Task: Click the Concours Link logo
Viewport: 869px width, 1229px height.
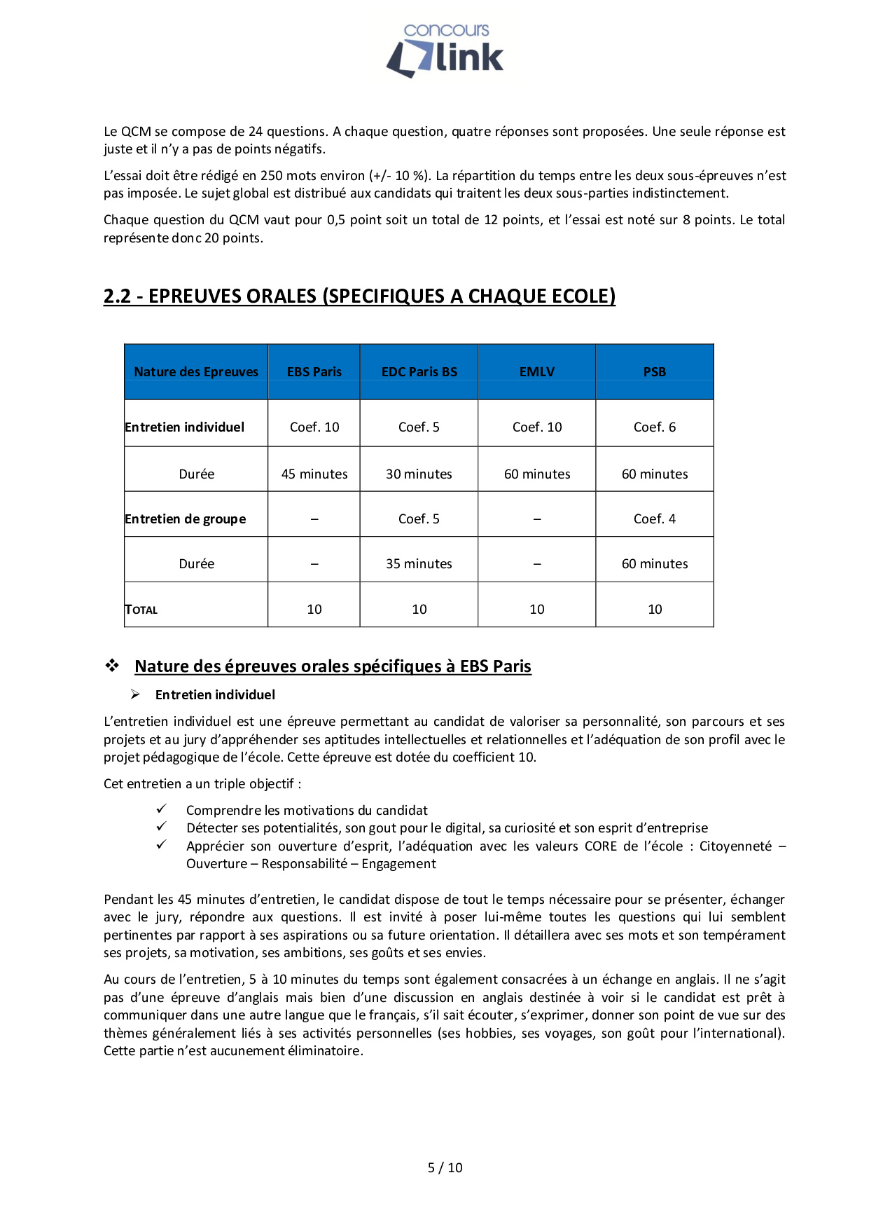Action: pyautogui.click(x=445, y=50)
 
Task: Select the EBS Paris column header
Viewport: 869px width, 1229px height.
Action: pyautogui.click(x=314, y=372)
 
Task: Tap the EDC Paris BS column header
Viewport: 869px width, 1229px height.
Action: pyautogui.click(x=419, y=372)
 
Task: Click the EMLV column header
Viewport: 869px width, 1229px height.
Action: pyautogui.click(x=537, y=372)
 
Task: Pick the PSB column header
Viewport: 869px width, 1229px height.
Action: pyautogui.click(x=655, y=372)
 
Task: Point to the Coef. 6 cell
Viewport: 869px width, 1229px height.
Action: pyautogui.click(x=655, y=427)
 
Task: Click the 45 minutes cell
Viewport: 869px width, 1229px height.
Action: pyautogui.click(x=314, y=474)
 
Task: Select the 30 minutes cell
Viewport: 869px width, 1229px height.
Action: pyautogui.click(x=419, y=474)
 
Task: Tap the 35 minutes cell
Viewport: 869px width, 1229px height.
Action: pyautogui.click(x=419, y=564)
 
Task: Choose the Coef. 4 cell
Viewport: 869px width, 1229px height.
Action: pyautogui.click(x=655, y=519)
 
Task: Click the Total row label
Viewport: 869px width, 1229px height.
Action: pyautogui.click(x=141, y=610)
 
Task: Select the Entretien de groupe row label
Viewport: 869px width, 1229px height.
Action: pyautogui.click(x=186, y=519)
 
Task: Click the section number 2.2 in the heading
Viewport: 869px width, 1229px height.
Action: pyautogui.click(x=117, y=296)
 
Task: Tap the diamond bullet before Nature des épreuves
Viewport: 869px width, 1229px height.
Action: pyautogui.click(x=112, y=666)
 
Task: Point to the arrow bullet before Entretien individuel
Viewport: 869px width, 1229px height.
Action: pyautogui.click(x=135, y=694)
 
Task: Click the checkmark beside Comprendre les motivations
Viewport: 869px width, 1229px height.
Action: pyautogui.click(x=161, y=809)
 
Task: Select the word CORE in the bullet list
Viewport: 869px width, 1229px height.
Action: pyautogui.click(x=601, y=846)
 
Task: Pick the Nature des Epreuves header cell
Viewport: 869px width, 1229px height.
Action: pyautogui.click(x=196, y=372)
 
